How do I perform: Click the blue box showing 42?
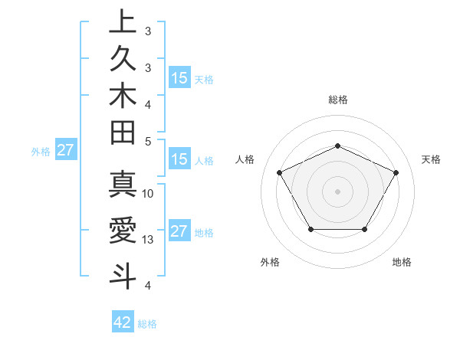pos(123,322)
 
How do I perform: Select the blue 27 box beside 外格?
pos(65,150)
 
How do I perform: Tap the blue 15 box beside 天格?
pos(179,78)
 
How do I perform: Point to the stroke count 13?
pos(149,240)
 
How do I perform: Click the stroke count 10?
pos(148,193)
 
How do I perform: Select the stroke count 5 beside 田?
pos(148,141)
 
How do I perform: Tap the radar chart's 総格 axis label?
pos(338,100)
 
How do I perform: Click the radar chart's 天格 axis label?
pos(432,159)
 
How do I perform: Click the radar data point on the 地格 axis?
pos(364,229)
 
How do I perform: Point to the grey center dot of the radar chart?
pos(337,191)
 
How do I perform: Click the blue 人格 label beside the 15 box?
pos(204,161)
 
